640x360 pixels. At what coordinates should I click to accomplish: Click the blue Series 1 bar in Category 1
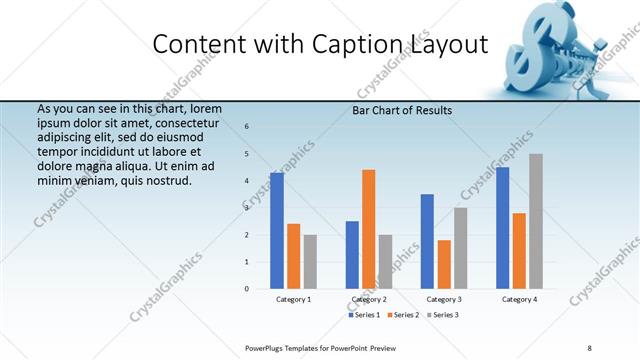click(x=277, y=230)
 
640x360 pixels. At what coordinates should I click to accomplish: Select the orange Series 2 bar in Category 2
click(x=368, y=229)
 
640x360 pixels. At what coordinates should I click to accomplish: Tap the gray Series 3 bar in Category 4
click(x=536, y=221)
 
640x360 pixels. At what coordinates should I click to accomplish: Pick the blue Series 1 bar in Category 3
click(x=427, y=241)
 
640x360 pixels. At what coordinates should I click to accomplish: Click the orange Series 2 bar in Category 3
click(x=444, y=264)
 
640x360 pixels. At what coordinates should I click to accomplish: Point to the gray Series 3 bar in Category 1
click(x=310, y=261)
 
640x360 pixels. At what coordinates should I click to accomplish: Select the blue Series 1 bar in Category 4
click(x=502, y=227)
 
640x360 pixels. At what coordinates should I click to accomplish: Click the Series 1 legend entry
click(x=365, y=315)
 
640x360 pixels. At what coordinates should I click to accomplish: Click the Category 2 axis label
click(x=368, y=299)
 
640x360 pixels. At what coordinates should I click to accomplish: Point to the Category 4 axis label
click(x=519, y=299)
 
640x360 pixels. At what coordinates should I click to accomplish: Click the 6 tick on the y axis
click(x=247, y=126)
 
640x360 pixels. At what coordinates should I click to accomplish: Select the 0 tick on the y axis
click(x=247, y=289)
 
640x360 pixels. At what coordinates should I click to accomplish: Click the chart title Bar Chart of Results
click(x=402, y=110)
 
